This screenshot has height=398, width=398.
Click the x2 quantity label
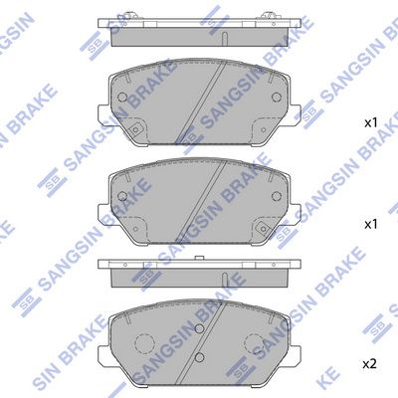click(x=369, y=365)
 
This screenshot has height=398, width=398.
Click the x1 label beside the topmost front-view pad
click(x=371, y=123)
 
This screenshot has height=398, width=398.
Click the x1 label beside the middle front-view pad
click(x=371, y=225)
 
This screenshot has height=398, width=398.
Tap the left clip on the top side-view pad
click(x=129, y=15)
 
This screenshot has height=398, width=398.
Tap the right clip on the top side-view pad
click(x=269, y=15)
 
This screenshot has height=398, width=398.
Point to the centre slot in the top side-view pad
click(x=224, y=38)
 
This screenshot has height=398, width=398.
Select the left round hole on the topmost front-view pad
click(x=122, y=97)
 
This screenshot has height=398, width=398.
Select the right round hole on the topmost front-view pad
click(x=277, y=97)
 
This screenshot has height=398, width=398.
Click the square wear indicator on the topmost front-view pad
click(x=134, y=130)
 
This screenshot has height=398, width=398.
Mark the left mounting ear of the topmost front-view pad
click(x=103, y=115)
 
